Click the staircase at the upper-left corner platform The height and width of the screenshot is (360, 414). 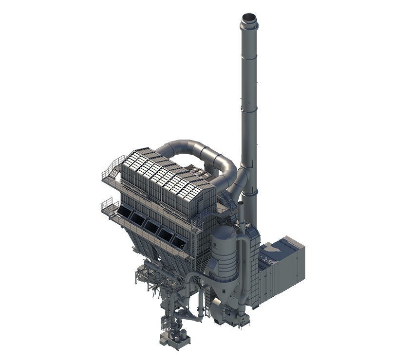112,170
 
